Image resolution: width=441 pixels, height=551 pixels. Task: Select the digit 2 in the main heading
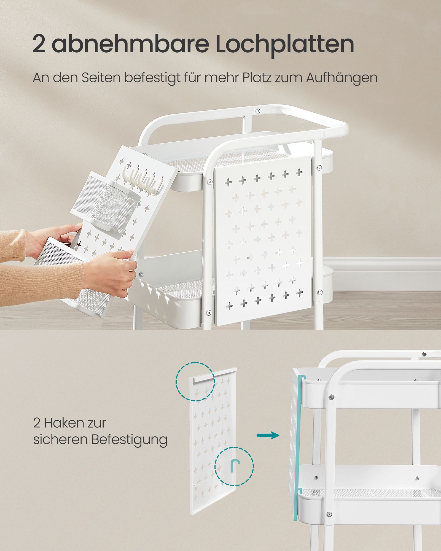coord(39,44)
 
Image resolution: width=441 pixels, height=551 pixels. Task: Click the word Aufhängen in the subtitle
coord(341,78)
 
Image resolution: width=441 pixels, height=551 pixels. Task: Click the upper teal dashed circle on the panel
coord(195,381)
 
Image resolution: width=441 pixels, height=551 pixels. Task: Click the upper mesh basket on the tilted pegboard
coord(106,203)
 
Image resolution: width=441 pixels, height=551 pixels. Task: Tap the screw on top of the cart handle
coord(258,111)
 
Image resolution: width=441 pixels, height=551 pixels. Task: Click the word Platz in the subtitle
coord(257,78)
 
